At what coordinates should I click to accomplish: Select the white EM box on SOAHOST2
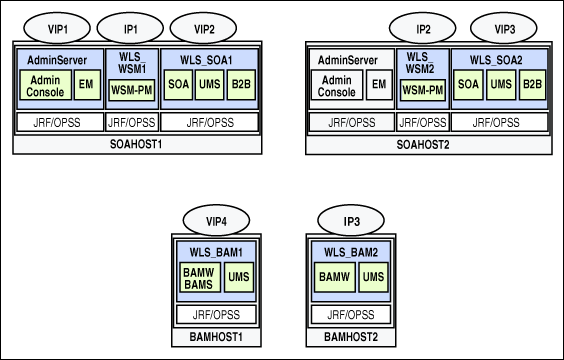coord(379,86)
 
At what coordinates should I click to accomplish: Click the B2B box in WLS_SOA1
coord(241,85)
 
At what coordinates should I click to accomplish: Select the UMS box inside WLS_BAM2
coord(371,276)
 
